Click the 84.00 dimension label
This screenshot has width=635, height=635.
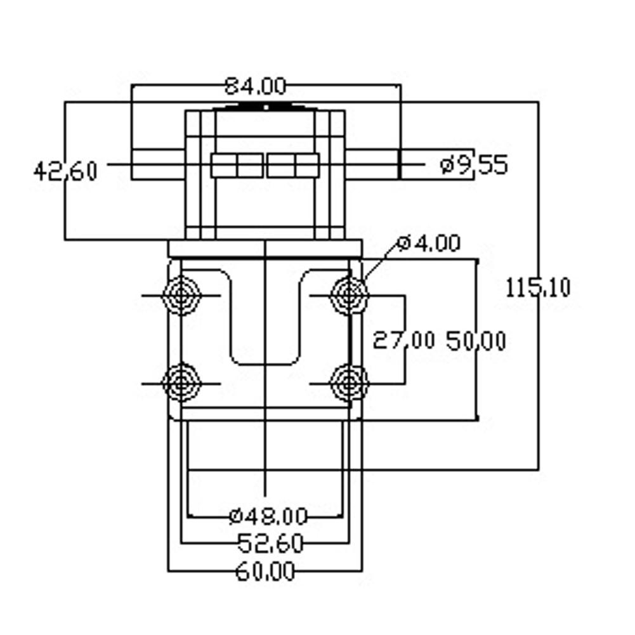(255, 85)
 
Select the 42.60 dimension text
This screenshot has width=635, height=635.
(65, 171)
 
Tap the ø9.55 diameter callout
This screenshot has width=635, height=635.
(473, 166)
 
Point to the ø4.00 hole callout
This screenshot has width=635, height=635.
(428, 244)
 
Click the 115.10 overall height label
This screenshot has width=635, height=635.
(539, 288)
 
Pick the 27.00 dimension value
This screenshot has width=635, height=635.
(403, 341)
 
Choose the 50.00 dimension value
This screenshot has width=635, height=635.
(476, 341)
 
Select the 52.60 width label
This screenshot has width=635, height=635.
(270, 543)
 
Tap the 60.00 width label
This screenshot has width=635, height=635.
(265, 572)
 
